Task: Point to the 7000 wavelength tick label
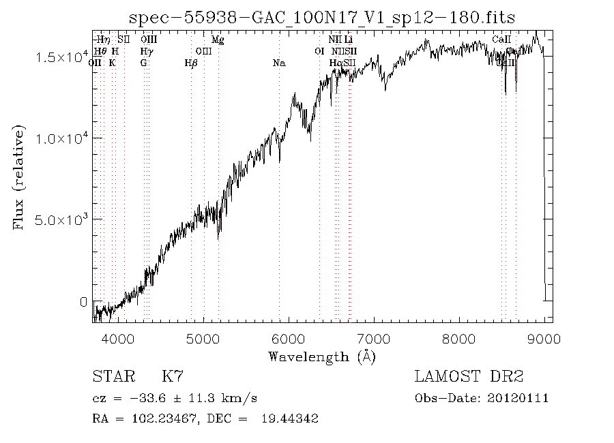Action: (x=374, y=339)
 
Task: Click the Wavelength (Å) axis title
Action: (x=322, y=356)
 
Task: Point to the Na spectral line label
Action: (x=278, y=63)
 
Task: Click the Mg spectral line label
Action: (x=218, y=40)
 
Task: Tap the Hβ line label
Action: (x=191, y=63)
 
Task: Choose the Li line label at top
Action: (x=348, y=40)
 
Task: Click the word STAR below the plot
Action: (x=110, y=376)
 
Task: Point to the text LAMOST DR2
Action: (x=468, y=376)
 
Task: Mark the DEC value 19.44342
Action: (x=289, y=419)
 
